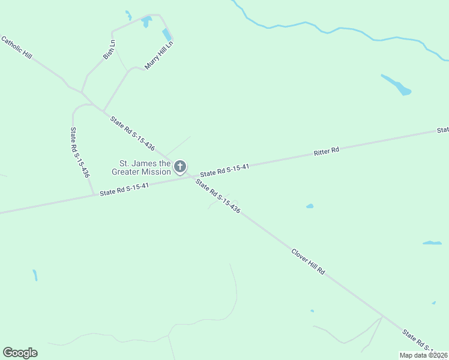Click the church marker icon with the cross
coord(179,167)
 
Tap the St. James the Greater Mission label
coord(145,167)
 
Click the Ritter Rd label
coord(327,151)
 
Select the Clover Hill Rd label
coord(308,262)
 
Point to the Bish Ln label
coord(109,49)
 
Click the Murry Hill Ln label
coord(159,55)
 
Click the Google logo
coord(20,353)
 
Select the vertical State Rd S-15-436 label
coord(80,152)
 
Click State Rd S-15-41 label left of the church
coord(124,189)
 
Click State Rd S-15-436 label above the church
coord(133,133)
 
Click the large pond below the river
coord(397,85)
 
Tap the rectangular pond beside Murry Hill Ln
coord(166,35)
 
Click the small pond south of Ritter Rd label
coord(310,206)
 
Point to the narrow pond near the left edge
coord(35,275)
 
